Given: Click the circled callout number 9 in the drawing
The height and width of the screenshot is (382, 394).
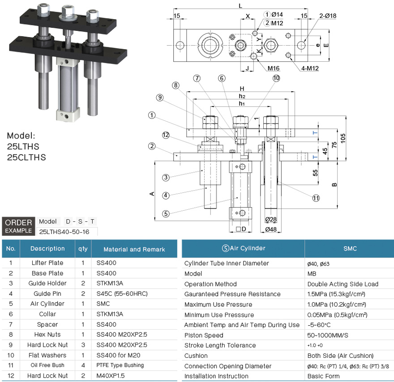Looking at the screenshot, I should pyautogui.click(x=159, y=97).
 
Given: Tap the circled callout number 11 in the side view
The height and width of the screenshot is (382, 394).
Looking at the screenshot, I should pyautogui.click(x=316, y=198).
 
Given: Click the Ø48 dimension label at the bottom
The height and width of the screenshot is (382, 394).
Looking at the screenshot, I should pyautogui.click(x=270, y=229).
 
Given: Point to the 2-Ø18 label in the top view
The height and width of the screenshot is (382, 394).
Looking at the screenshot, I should pyautogui.click(x=328, y=16).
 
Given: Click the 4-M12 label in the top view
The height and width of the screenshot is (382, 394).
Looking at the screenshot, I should pyautogui.click(x=309, y=68).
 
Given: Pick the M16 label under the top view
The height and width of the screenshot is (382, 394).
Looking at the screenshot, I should pyautogui.click(x=274, y=68).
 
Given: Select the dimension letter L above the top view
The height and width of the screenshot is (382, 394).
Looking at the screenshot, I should pyautogui.click(x=240, y=5).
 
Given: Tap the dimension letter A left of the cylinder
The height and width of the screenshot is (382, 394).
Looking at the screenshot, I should pyautogui.click(x=152, y=193).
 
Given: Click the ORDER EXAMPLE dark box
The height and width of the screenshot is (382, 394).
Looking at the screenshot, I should pyautogui.click(x=18, y=226).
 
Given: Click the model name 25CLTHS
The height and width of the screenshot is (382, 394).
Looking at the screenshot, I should pyautogui.click(x=26, y=157).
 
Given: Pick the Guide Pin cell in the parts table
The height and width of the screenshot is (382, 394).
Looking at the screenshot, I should pyautogui.click(x=47, y=293).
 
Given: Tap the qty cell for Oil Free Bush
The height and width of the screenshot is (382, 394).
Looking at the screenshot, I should pyautogui.click(x=83, y=365).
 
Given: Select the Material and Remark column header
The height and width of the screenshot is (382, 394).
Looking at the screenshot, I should pyautogui.click(x=134, y=249).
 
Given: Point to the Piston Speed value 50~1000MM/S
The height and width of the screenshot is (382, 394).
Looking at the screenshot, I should pyautogui.click(x=328, y=335).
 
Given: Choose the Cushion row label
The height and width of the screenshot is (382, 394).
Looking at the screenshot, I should pyautogui.click(x=196, y=356).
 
